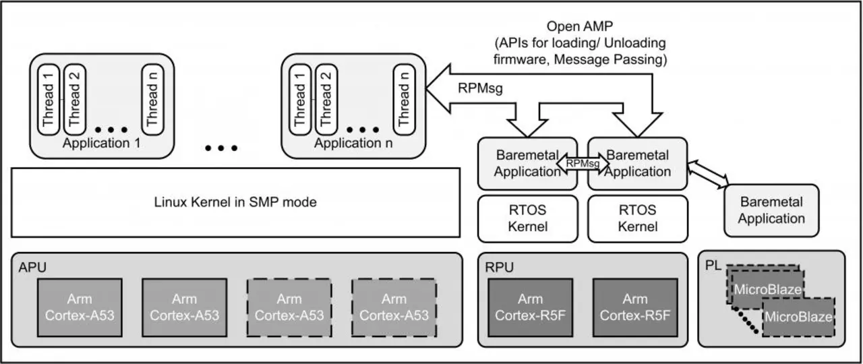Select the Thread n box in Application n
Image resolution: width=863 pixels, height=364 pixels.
[404, 96]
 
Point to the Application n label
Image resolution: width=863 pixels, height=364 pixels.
[348, 143]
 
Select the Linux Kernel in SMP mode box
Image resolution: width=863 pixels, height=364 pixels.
[235, 202]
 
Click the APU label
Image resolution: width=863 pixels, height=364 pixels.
[29, 267]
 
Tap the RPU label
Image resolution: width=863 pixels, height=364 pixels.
[499, 267]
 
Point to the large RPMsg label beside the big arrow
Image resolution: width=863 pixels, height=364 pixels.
[480, 88]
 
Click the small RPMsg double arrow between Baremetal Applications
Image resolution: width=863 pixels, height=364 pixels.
[583, 162]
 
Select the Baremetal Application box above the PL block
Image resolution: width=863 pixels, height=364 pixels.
[771, 210]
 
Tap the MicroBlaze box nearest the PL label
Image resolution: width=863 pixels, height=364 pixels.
[767, 290]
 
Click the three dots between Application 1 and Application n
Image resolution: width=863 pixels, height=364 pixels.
[222, 148]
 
